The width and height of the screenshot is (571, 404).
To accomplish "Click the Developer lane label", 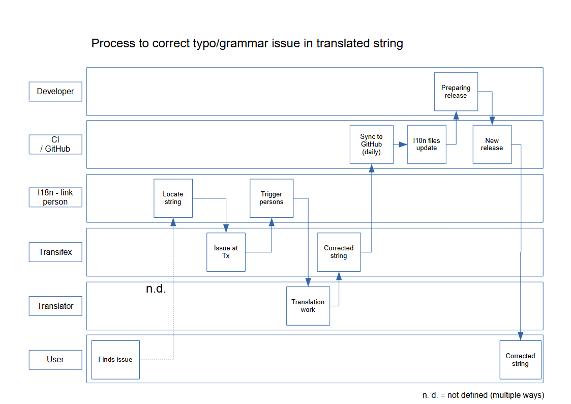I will [55, 92].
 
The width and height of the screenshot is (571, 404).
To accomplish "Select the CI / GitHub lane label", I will [55, 145].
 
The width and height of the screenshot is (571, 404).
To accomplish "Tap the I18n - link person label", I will [55, 198].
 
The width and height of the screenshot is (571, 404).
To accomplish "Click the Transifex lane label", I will [55, 252].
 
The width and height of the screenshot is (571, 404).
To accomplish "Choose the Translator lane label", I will [55, 306].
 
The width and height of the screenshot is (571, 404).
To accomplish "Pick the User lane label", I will [55, 359].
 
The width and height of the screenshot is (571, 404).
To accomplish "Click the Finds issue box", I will [115, 359].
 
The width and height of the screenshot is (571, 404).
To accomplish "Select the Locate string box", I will [173, 198].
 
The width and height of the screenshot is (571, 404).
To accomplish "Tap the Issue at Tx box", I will [226, 252].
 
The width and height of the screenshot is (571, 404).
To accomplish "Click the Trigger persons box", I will [272, 198].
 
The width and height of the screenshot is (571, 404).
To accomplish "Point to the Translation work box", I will [308, 306].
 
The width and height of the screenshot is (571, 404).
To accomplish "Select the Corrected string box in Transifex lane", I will [339, 252].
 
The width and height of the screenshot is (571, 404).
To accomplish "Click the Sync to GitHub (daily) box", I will [371, 145].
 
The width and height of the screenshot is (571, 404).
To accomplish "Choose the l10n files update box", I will [427, 145].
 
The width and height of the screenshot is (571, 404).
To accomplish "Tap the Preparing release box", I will [456, 92].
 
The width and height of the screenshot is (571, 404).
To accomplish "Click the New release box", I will [492, 145].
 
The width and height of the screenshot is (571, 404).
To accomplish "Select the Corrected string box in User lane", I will [520, 359].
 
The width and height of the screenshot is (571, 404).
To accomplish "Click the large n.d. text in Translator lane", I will [156, 289].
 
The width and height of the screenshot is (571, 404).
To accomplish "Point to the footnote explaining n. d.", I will [483, 395].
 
